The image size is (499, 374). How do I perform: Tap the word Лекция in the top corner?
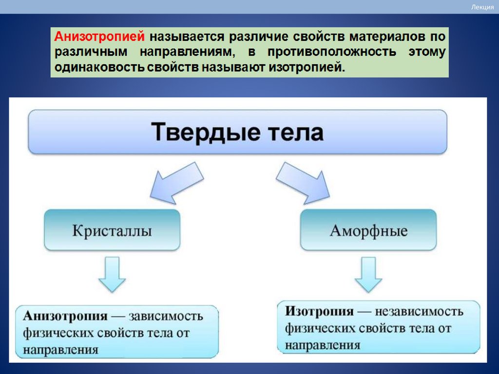coord(482,7)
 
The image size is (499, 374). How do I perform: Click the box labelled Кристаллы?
coord(112,230)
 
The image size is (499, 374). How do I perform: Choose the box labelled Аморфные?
coord(368,230)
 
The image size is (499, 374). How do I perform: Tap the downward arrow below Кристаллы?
coord(112,276)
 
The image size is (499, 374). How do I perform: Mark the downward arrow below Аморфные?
coord(368,275)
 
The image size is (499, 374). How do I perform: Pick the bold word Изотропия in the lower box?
coord(319,312)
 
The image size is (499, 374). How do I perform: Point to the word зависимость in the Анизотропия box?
coord(166,316)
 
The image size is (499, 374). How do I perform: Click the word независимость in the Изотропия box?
coord(419,312)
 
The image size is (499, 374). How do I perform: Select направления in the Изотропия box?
coord(323,345)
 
